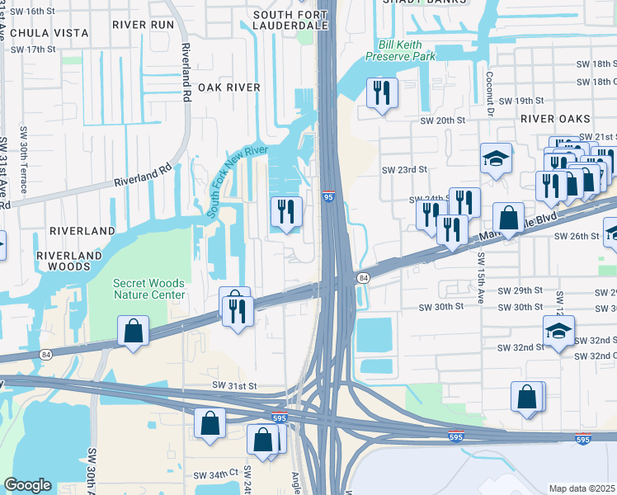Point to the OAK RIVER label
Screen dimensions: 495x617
pos(228,87)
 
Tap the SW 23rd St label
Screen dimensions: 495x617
pos(404,169)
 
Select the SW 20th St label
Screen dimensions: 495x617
pos(445,120)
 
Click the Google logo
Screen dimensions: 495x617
pos(27,485)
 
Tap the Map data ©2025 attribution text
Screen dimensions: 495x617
pos(582,488)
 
